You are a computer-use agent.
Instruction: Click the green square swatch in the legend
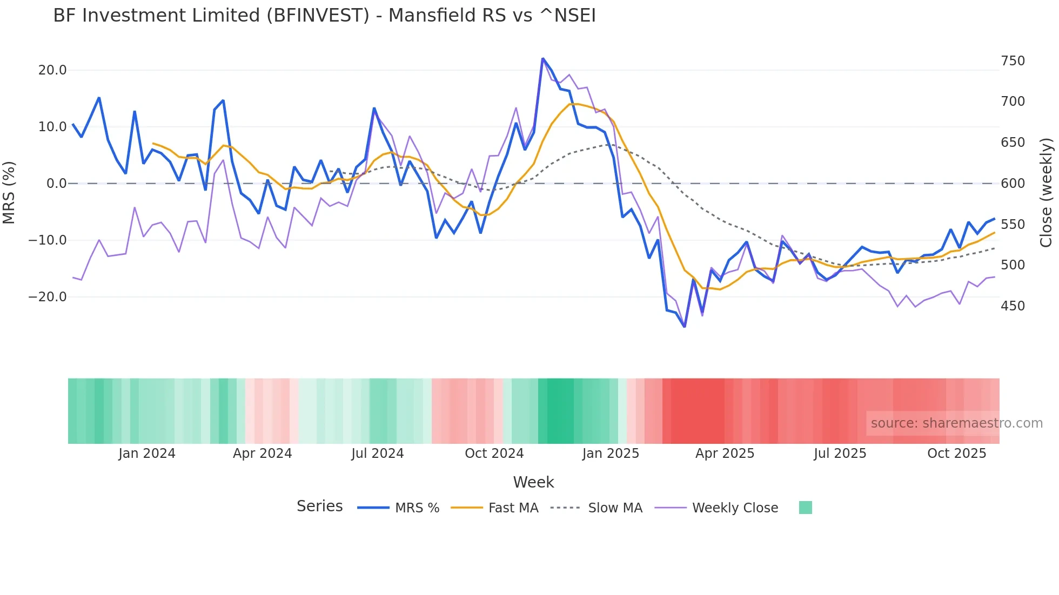coord(805,508)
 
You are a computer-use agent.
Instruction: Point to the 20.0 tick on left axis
coord(52,70)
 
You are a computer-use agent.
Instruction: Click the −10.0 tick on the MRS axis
coord(48,240)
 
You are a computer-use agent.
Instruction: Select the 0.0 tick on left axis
coord(56,184)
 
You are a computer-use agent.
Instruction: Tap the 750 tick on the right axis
coord(1013,61)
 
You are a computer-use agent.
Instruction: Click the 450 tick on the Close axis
coord(1013,306)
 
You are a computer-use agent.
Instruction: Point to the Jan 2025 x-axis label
coord(611,454)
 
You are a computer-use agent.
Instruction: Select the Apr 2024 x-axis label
coord(262,454)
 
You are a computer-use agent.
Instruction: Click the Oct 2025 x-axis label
coord(956,454)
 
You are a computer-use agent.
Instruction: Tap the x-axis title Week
coord(533,482)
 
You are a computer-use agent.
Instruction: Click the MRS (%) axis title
coord(9,192)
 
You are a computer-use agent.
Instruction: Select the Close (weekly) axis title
coord(1047,192)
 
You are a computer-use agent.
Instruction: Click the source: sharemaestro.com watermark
coord(956,423)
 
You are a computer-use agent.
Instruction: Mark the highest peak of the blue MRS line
coord(542,58)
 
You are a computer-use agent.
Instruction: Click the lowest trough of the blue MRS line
coord(685,327)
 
